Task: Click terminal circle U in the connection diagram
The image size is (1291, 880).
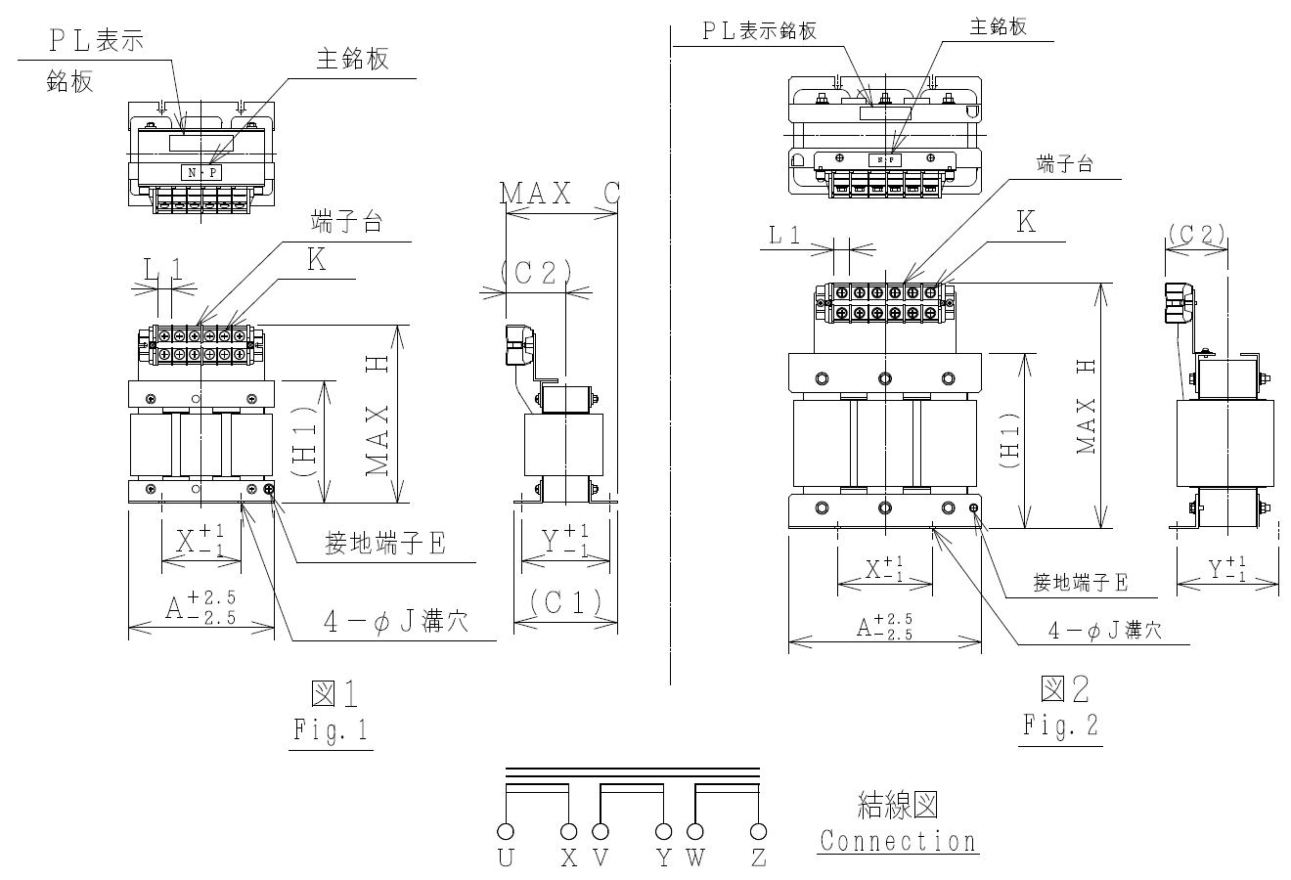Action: pyautogui.click(x=506, y=832)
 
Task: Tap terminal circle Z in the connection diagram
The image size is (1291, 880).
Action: pyautogui.click(x=757, y=832)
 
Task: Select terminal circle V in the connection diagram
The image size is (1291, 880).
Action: pyautogui.click(x=600, y=832)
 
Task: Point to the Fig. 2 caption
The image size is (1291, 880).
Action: pyautogui.click(x=1060, y=726)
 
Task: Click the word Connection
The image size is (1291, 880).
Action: pyautogui.click(x=898, y=841)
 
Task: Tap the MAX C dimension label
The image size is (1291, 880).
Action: pyautogui.click(x=560, y=194)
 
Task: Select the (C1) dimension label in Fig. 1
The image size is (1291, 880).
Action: pyautogui.click(x=566, y=602)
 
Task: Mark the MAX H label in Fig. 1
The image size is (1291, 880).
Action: pyautogui.click(x=379, y=415)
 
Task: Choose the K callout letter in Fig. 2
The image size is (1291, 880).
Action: pyautogui.click(x=1026, y=223)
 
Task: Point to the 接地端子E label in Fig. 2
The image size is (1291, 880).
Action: pyautogui.click(x=1081, y=583)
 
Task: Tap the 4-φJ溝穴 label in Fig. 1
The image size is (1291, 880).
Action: pyautogui.click(x=396, y=622)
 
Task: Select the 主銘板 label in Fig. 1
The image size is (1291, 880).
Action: pyautogui.click(x=352, y=59)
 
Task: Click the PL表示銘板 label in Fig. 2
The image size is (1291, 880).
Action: pyautogui.click(x=758, y=30)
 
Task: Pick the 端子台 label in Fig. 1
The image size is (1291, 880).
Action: pyautogui.click(x=345, y=221)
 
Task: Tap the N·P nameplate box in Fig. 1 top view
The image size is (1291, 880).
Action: pyautogui.click(x=201, y=172)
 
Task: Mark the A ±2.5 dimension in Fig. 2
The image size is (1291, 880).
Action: pyautogui.click(x=884, y=627)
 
